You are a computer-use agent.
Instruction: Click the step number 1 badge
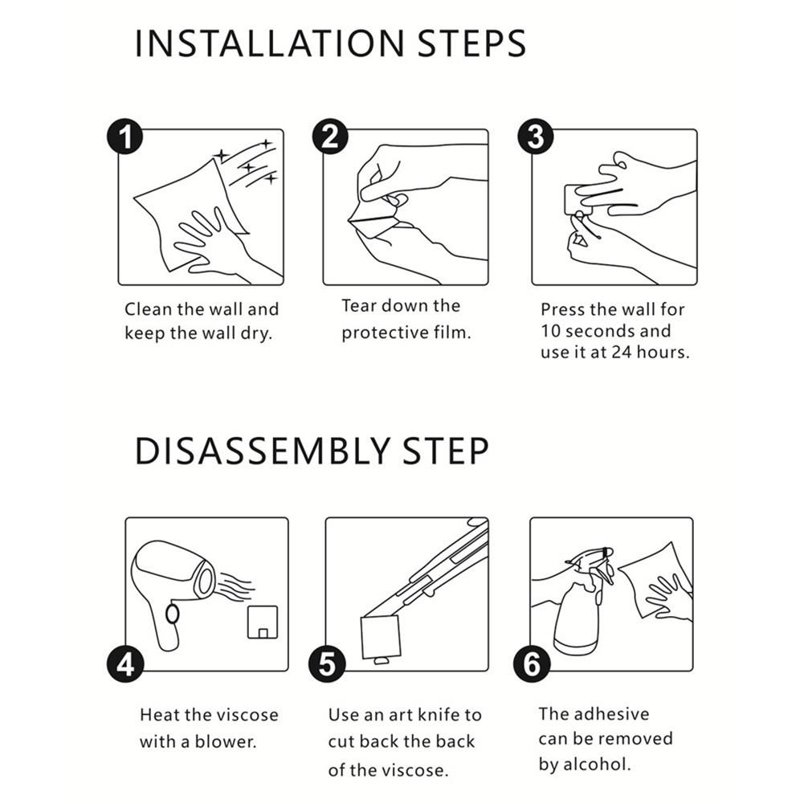pyautogui.click(x=125, y=137)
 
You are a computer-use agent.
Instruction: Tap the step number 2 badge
pyautogui.click(x=330, y=137)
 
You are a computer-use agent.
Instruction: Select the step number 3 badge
pyautogui.click(x=536, y=137)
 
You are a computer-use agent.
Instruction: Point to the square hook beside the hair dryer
pyautogui.click(x=263, y=622)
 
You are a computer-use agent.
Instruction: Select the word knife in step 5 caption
pyautogui.click(x=438, y=715)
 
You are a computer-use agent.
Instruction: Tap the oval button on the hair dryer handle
pyautogui.click(x=172, y=614)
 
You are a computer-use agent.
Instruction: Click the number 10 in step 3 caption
pyautogui.click(x=551, y=331)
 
